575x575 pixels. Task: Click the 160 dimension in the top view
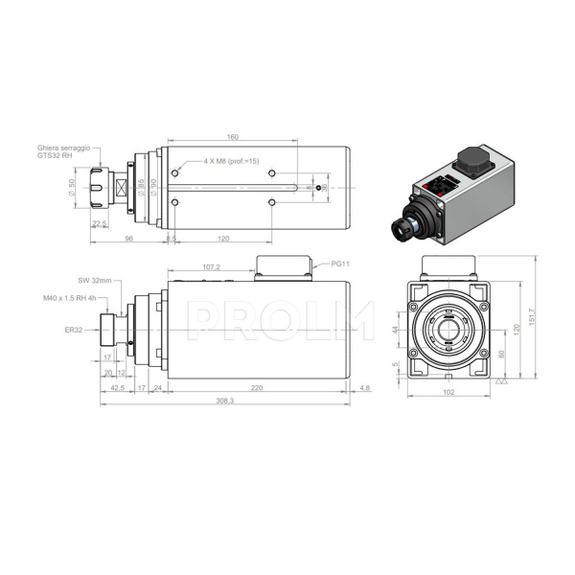coord(233,135)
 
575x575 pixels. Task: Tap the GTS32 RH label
coord(55,156)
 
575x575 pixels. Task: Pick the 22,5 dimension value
coord(99,223)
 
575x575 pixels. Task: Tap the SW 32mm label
coord(94,281)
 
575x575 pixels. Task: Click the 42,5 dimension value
coord(117,388)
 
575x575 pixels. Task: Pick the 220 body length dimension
coord(257,388)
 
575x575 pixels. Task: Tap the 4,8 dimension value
coord(363,388)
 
